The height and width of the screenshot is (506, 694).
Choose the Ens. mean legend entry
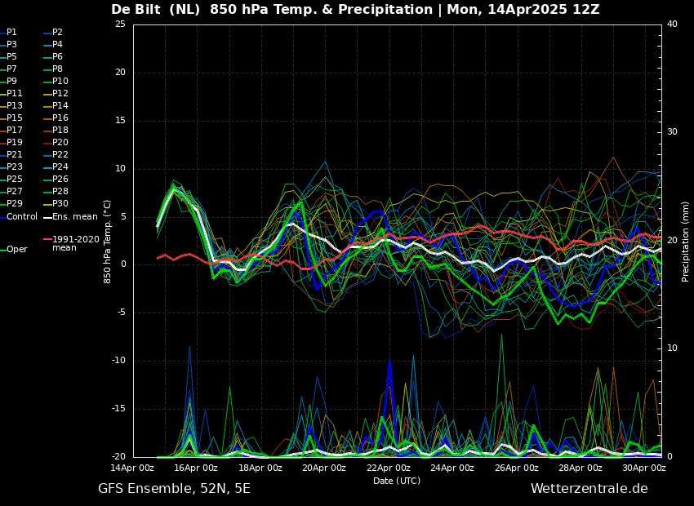[x=74, y=216]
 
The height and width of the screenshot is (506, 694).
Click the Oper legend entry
[x=17, y=250]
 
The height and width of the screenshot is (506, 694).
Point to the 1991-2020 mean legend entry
[x=75, y=243]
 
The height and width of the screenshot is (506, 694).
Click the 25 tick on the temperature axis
[x=120, y=24]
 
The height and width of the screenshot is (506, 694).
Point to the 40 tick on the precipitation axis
[x=672, y=24]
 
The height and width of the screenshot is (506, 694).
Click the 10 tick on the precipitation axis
[x=672, y=348]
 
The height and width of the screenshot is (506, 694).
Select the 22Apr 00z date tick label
[x=388, y=468]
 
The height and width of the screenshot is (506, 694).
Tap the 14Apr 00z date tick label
[x=132, y=468]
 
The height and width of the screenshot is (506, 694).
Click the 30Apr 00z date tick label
[x=643, y=468]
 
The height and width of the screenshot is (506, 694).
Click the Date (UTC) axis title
[x=397, y=482]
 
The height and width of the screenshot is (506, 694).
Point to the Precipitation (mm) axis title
[x=686, y=242]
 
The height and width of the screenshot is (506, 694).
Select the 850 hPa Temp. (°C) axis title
[x=108, y=242]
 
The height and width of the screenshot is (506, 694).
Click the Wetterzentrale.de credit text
[x=589, y=489]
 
